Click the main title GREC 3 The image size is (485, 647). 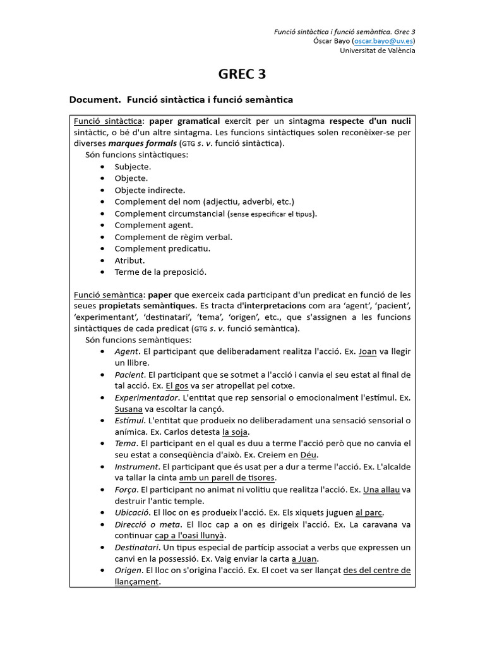242,75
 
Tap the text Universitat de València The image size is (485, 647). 378,51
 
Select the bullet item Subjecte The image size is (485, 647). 133,167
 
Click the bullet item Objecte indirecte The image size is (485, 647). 150,190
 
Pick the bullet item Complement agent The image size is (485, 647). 153,225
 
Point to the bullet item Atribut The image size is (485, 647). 129,260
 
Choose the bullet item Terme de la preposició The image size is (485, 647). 160,272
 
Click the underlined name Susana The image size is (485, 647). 128,409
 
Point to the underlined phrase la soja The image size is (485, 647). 235,432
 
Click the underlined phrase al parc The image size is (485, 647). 369,512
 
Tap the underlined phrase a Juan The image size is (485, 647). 304,559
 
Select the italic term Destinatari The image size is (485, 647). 137,547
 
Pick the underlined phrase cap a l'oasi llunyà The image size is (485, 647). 190,536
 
